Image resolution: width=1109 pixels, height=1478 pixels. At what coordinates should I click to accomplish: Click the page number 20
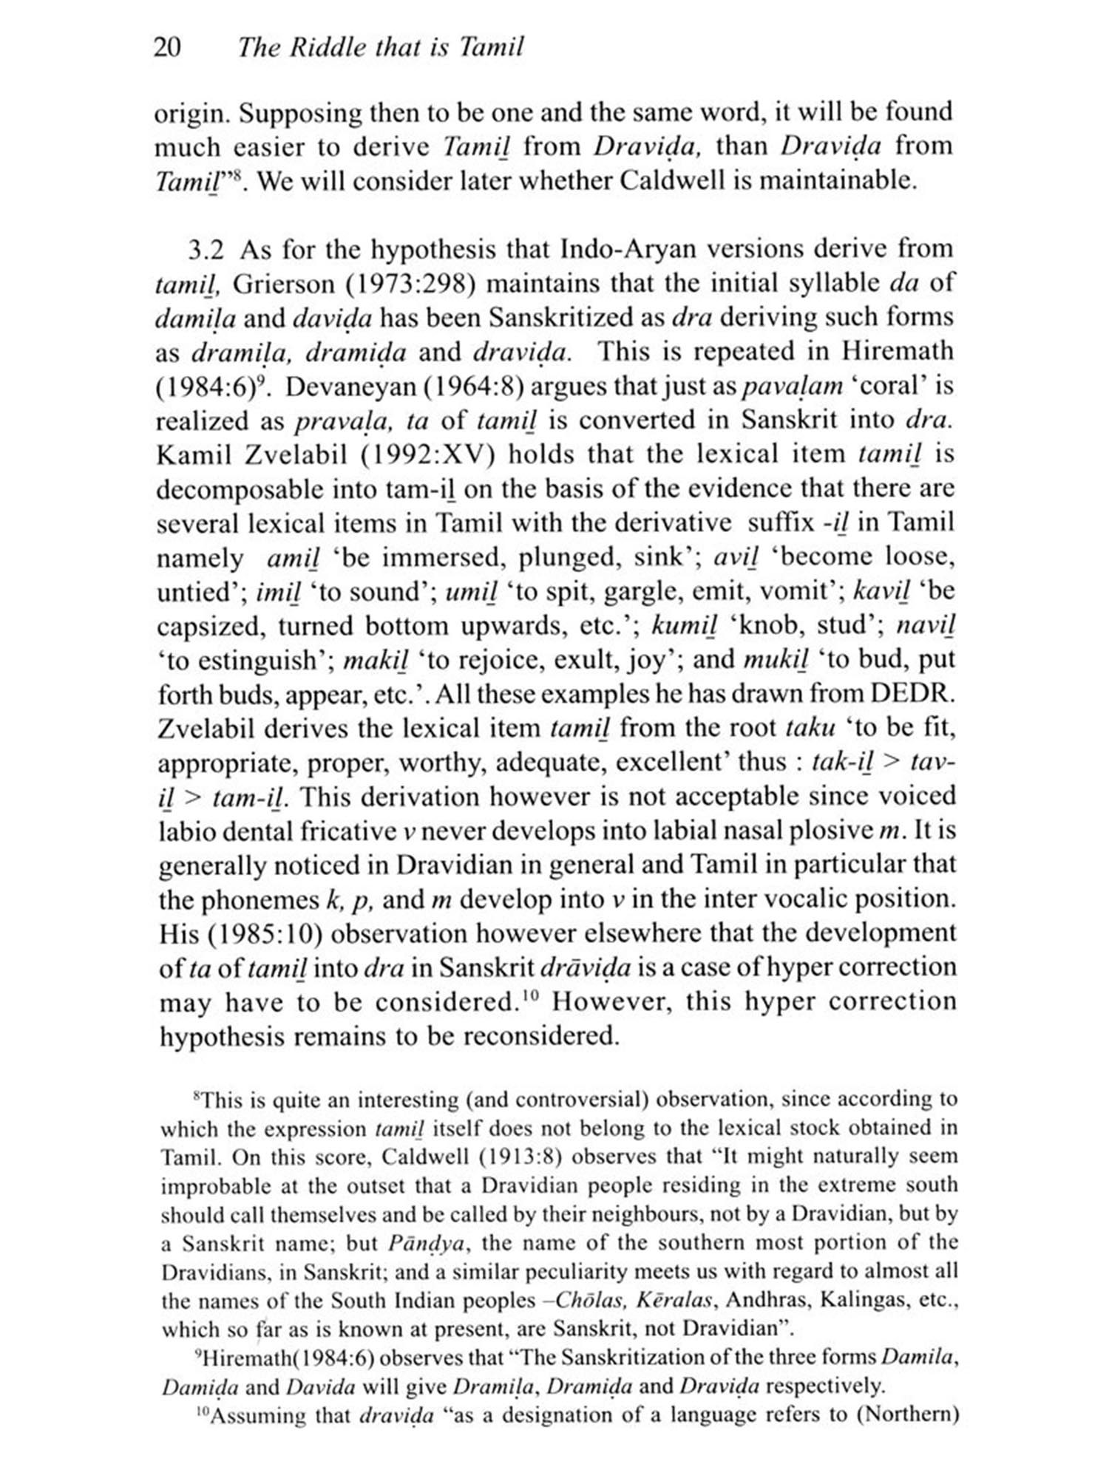[166, 48]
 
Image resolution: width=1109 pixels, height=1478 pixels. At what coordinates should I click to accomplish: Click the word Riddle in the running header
[324, 48]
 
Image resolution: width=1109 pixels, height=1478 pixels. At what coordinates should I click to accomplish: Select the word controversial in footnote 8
[584, 1100]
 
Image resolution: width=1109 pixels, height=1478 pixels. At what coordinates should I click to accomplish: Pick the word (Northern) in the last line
[910, 1416]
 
